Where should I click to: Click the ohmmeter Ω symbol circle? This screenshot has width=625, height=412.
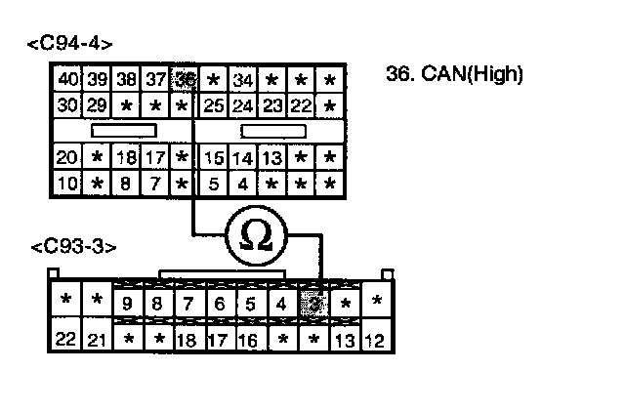point(256,236)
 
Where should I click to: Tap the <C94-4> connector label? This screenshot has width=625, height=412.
point(71,44)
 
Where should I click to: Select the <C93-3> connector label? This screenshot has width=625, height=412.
point(69,248)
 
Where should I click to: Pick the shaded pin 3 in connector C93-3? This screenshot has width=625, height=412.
point(312,304)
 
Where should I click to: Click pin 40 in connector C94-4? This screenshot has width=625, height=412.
point(68,79)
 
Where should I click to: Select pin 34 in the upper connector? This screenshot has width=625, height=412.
point(244,79)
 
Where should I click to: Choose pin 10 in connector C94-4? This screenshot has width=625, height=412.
point(67,183)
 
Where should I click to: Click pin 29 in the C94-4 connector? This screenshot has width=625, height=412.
point(96,104)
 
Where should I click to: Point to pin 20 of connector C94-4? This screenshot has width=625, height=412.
point(67,157)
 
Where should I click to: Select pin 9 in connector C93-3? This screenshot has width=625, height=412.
point(128,304)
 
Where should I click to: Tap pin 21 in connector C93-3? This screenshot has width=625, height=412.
point(97,340)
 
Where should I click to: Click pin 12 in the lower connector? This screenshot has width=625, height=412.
point(375,340)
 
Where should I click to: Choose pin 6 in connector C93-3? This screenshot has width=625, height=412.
point(220,304)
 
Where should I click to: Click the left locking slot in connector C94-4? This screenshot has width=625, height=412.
point(124,130)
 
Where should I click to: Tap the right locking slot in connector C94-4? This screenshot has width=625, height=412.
point(272,130)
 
